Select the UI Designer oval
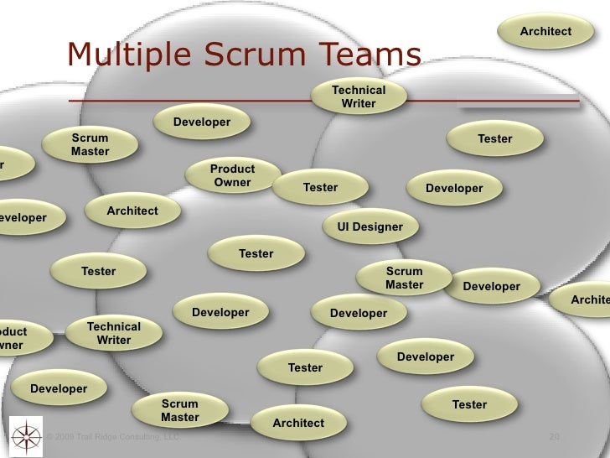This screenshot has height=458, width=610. (x=370, y=226)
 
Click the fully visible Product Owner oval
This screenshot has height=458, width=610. (x=232, y=175)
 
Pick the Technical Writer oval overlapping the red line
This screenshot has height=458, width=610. (x=359, y=96)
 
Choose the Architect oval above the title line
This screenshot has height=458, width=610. (x=545, y=31)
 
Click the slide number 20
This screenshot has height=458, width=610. (x=553, y=437)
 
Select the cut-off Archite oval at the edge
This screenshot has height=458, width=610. (x=591, y=299)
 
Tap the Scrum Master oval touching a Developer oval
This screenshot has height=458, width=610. (x=405, y=278)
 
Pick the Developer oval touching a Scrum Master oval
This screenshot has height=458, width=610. (x=492, y=286)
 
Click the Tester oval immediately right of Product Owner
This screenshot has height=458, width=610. (x=320, y=187)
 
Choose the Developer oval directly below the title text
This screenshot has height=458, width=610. (x=202, y=122)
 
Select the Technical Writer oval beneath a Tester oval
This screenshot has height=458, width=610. (x=114, y=333)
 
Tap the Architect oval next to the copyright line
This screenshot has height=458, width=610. (x=297, y=423)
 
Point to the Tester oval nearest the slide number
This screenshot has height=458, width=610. (x=469, y=404)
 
